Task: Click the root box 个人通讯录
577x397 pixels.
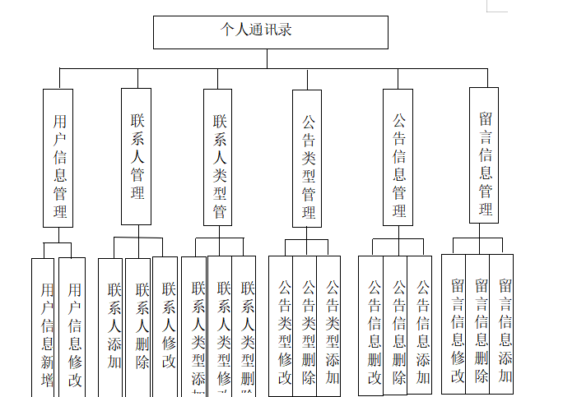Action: (270, 32)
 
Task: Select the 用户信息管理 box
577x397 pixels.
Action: (58, 158)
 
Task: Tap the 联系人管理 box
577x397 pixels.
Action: (137, 156)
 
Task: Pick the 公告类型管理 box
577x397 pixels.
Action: (308, 158)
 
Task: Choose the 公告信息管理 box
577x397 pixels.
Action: (398, 157)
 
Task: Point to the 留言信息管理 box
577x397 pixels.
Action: (485, 155)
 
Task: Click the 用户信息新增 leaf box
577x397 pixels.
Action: (44, 329)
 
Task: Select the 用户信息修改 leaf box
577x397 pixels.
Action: (72, 329)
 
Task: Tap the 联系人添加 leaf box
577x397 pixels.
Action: (112, 327)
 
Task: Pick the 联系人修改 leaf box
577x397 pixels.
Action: (165, 327)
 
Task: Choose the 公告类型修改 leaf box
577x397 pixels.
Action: (282, 327)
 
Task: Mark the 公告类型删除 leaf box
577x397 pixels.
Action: (306, 327)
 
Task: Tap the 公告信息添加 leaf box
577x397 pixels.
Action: (421, 327)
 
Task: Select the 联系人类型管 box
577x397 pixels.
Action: (219, 156)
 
